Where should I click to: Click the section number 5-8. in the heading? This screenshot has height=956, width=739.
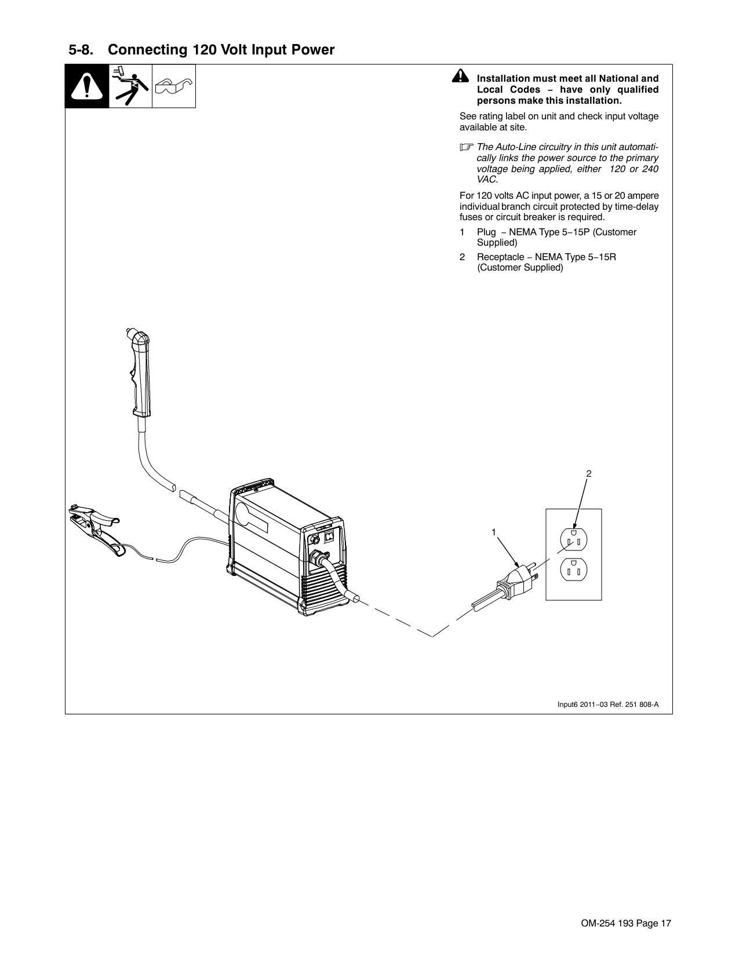pyautogui.click(x=82, y=50)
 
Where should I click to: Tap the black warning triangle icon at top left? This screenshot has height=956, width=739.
pyautogui.click(x=86, y=86)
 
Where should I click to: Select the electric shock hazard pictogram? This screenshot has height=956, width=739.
pyautogui.click(x=130, y=86)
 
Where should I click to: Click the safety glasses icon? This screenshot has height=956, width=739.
pyautogui.click(x=173, y=87)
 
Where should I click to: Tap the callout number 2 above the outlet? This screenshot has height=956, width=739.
pyautogui.click(x=588, y=474)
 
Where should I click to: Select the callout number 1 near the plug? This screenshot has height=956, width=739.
pyautogui.click(x=493, y=531)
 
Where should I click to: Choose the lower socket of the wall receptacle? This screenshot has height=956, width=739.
pyautogui.click(x=574, y=570)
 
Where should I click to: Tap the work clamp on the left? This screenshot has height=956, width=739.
pyautogui.click(x=96, y=527)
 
